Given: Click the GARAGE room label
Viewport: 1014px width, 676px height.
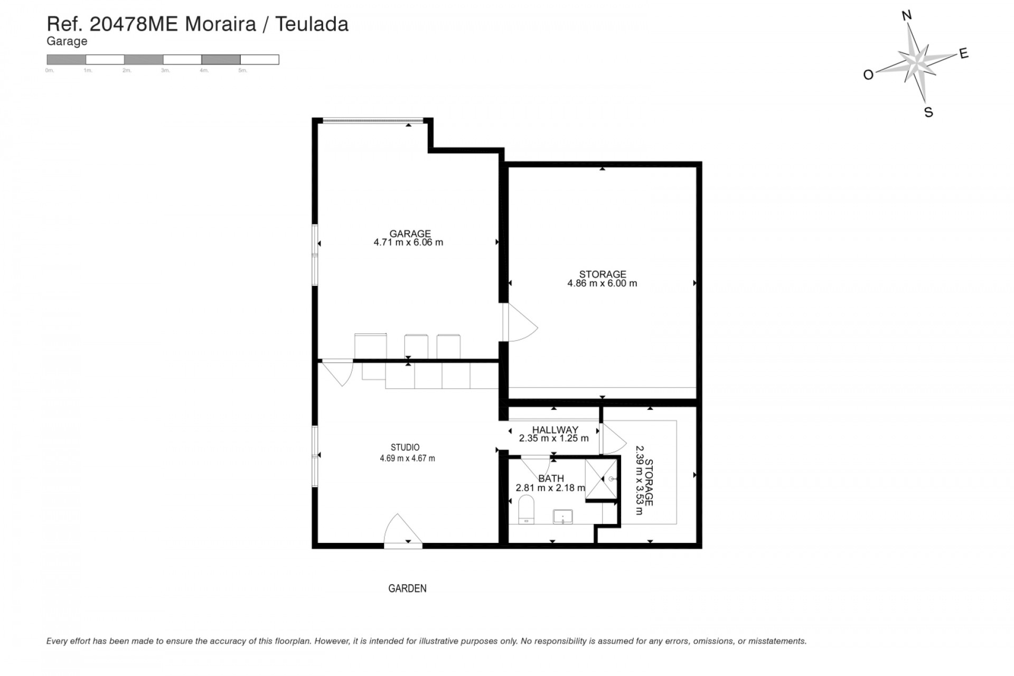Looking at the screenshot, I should pos(410,233).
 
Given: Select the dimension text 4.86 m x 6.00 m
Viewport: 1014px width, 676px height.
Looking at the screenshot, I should pos(602,284).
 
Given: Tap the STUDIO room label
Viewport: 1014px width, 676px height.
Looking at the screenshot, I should pos(405,448).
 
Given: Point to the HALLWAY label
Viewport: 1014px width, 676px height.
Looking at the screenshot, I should pos(555,430).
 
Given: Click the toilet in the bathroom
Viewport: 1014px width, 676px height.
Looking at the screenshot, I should pos(526,509).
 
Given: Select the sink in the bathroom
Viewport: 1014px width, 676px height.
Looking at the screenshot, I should pos(563,517).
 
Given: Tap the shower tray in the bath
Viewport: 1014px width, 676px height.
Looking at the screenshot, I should pos(601,478).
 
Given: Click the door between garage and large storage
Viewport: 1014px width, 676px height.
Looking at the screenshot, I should pos(520,323).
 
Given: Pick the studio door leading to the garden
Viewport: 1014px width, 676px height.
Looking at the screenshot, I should pos(402,531).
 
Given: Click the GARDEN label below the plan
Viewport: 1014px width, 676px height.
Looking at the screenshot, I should pos(407,588).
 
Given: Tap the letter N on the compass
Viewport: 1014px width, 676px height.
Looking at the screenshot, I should pos(907,16).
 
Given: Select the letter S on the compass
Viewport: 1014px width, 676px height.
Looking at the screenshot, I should pos(928,112).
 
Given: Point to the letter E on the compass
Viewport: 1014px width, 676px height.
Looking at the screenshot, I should pos(964,53).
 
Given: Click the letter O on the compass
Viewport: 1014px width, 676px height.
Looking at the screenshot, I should pos(868,75).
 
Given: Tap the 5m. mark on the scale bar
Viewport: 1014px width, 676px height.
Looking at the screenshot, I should pos(242,70).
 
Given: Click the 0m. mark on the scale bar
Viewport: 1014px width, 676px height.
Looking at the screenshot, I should pos(50,70).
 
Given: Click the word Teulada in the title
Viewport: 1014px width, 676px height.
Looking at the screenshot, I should pos(312,24).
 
